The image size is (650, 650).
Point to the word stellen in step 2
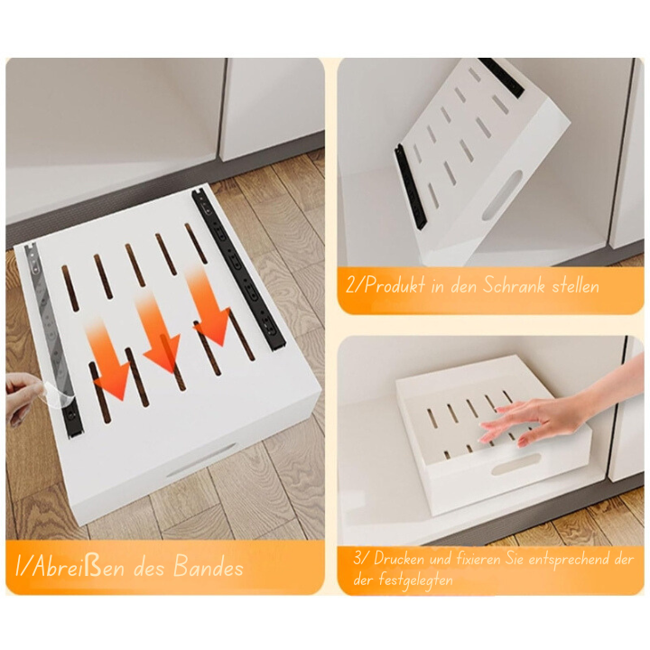(x=572, y=287)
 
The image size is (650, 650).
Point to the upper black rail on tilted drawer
(x=502, y=78)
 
